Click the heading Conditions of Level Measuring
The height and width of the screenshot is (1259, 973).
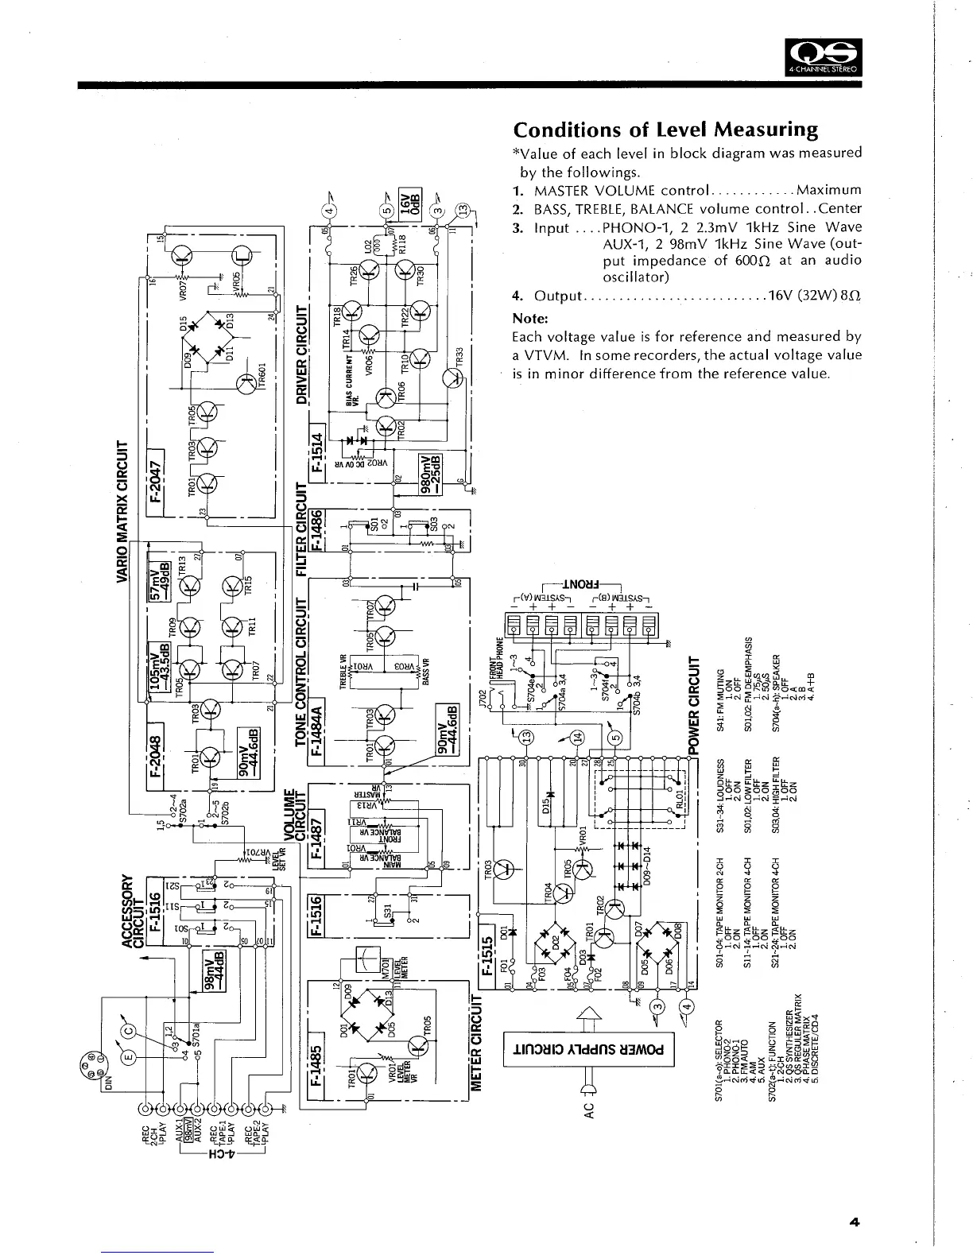coord(665,130)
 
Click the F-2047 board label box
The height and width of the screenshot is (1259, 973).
coord(157,482)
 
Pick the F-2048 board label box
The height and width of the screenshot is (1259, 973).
coord(157,748)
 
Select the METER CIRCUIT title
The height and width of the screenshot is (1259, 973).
coord(479,1042)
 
